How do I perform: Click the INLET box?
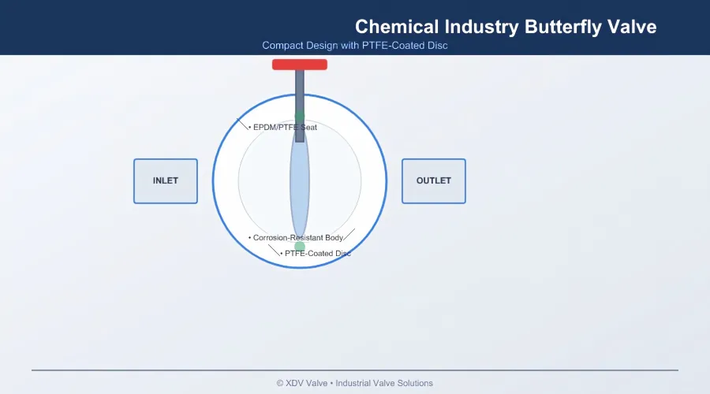pyautogui.click(x=166, y=181)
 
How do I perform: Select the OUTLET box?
pyautogui.click(x=433, y=181)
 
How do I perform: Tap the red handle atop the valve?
pyautogui.click(x=300, y=65)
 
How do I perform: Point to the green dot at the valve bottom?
pyautogui.click(x=299, y=247)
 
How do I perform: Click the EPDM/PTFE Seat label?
pyautogui.click(x=285, y=127)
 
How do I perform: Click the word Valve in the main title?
pyautogui.click(x=632, y=27)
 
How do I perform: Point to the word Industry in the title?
pyautogui.click(x=481, y=27)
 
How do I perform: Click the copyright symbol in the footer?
pyautogui.click(x=280, y=384)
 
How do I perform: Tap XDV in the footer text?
pyautogui.click(x=294, y=383)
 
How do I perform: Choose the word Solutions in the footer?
pyautogui.click(x=415, y=383)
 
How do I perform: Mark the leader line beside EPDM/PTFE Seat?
pyautogui.click(x=242, y=124)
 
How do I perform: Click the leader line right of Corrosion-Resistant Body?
pyautogui.click(x=349, y=234)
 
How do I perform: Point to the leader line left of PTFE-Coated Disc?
pyautogui.click(x=274, y=250)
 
